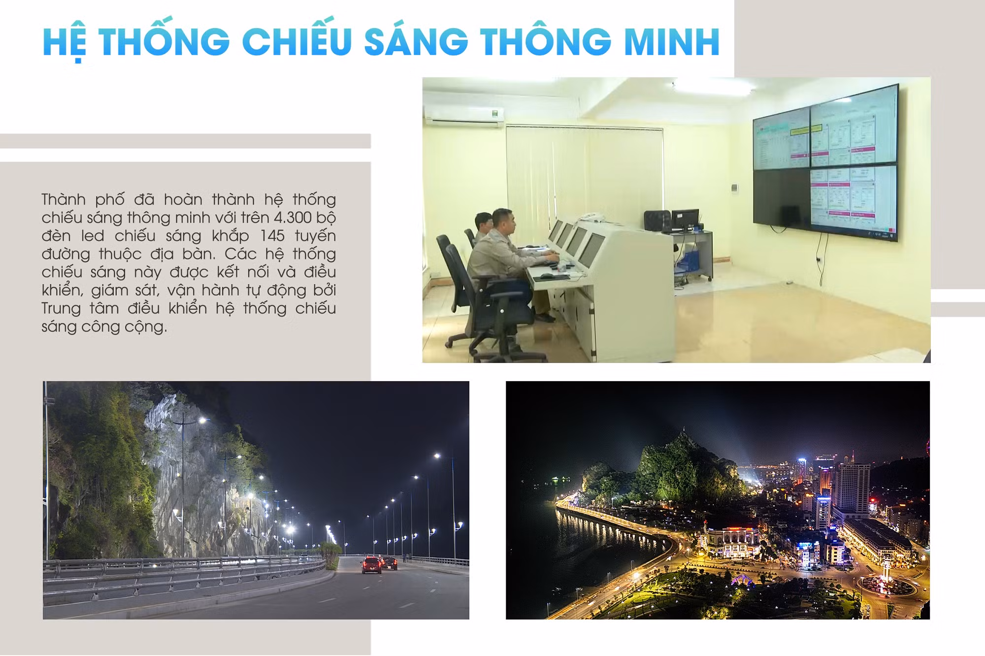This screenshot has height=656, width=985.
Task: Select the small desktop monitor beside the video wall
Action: click(685, 220)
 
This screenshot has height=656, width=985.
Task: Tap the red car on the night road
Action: click(371, 564)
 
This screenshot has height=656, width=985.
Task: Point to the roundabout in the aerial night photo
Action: click(886, 586)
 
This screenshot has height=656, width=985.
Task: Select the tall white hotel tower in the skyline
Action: click(853, 488)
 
